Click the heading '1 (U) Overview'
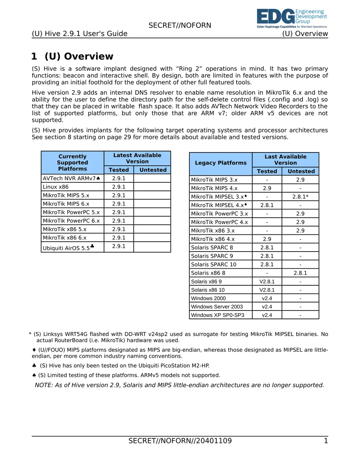(x=72, y=56)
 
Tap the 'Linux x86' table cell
(x=56, y=187)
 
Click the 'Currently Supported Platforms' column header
(x=72, y=163)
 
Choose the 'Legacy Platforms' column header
(x=221, y=163)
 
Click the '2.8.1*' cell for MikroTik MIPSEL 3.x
(x=300, y=197)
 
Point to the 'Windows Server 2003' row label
(x=217, y=307)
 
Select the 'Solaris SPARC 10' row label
(x=214, y=264)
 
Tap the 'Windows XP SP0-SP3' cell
(x=218, y=315)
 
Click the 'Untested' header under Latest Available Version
(x=153, y=170)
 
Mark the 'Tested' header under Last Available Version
(x=267, y=171)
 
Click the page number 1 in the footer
(x=326, y=441)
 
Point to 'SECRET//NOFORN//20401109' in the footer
(x=180, y=441)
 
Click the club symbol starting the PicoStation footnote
(x=34, y=366)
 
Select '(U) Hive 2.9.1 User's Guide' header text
(x=80, y=34)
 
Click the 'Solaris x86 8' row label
(x=208, y=273)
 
